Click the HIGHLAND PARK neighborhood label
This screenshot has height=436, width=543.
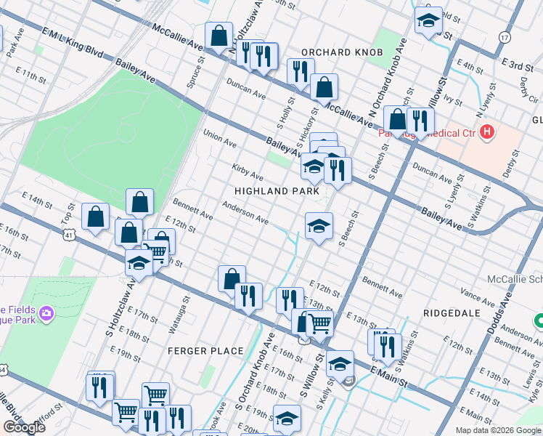point(277,190)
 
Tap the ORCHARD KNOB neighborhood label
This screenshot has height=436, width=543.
point(336,52)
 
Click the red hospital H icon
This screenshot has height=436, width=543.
point(487,133)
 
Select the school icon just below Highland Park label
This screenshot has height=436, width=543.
point(319,227)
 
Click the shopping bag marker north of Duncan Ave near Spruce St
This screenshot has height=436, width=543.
point(219,36)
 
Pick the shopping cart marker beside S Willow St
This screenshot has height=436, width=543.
point(319,323)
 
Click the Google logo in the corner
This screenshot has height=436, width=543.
point(24,427)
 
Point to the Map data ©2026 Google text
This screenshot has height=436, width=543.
point(498,430)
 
